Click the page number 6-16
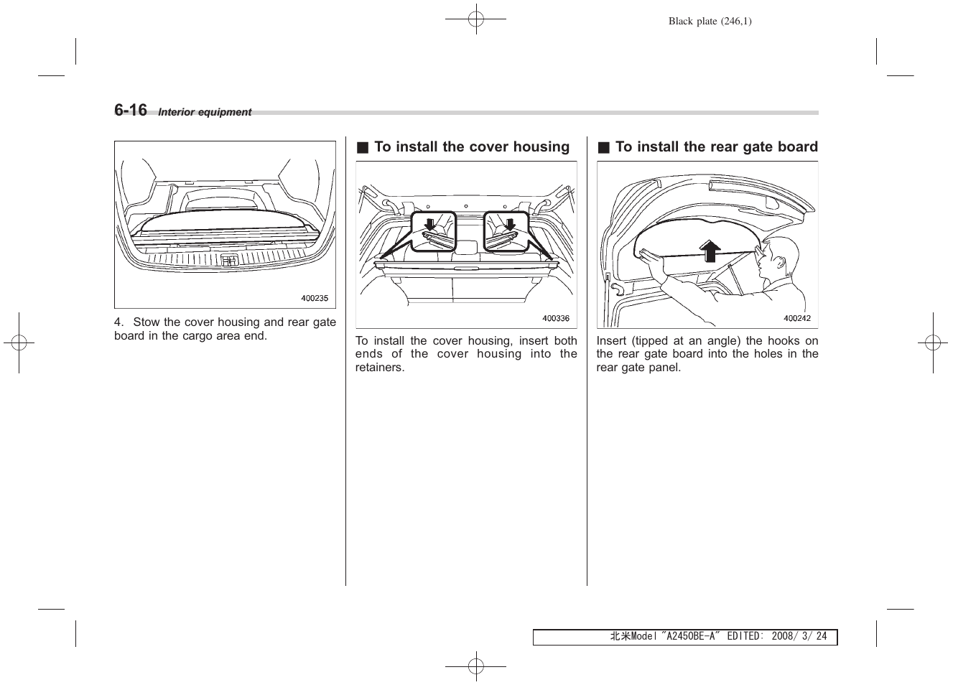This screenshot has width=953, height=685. (131, 110)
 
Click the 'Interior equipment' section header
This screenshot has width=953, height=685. (205, 112)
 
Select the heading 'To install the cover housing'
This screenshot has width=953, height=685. (472, 147)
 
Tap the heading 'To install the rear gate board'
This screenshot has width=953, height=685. (716, 147)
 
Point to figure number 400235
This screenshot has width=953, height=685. (314, 298)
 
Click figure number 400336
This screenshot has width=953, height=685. (555, 318)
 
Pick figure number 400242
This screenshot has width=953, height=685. (796, 318)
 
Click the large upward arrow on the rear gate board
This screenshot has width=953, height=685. (710, 251)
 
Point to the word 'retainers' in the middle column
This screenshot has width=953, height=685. (379, 368)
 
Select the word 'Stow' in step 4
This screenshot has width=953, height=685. (147, 322)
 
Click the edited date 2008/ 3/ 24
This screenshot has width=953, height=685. (799, 637)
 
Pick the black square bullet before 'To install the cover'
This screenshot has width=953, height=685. (363, 148)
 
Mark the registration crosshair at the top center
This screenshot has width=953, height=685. (475, 19)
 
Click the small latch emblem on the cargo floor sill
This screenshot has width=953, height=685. (229, 261)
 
